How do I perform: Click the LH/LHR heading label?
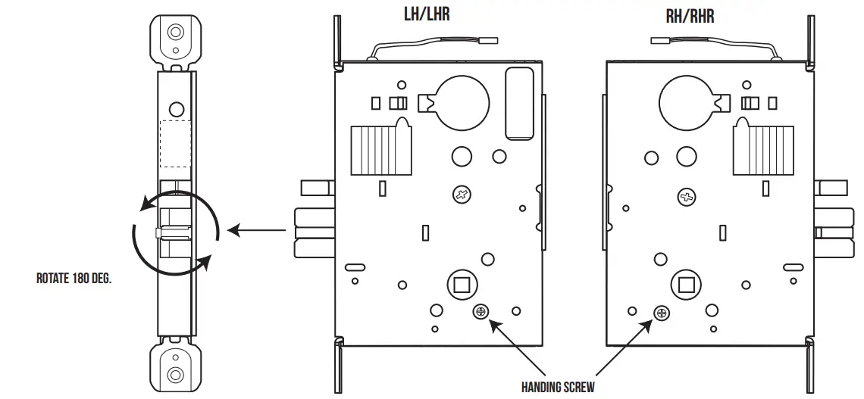pyautogui.click(x=427, y=14)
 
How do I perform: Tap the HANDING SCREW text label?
pyautogui.click(x=557, y=387)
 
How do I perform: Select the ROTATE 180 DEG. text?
pyautogui.click(x=74, y=278)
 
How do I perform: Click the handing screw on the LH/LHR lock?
pyautogui.click(x=481, y=312)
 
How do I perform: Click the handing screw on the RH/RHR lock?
pyautogui.click(x=662, y=312)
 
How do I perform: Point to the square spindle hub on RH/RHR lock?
pyautogui.click(x=687, y=285)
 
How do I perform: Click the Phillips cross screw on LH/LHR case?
pyautogui.click(x=460, y=195)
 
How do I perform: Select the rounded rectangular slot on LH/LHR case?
pyautogui.click(x=518, y=103)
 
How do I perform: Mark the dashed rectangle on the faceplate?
pyautogui.click(x=175, y=144)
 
